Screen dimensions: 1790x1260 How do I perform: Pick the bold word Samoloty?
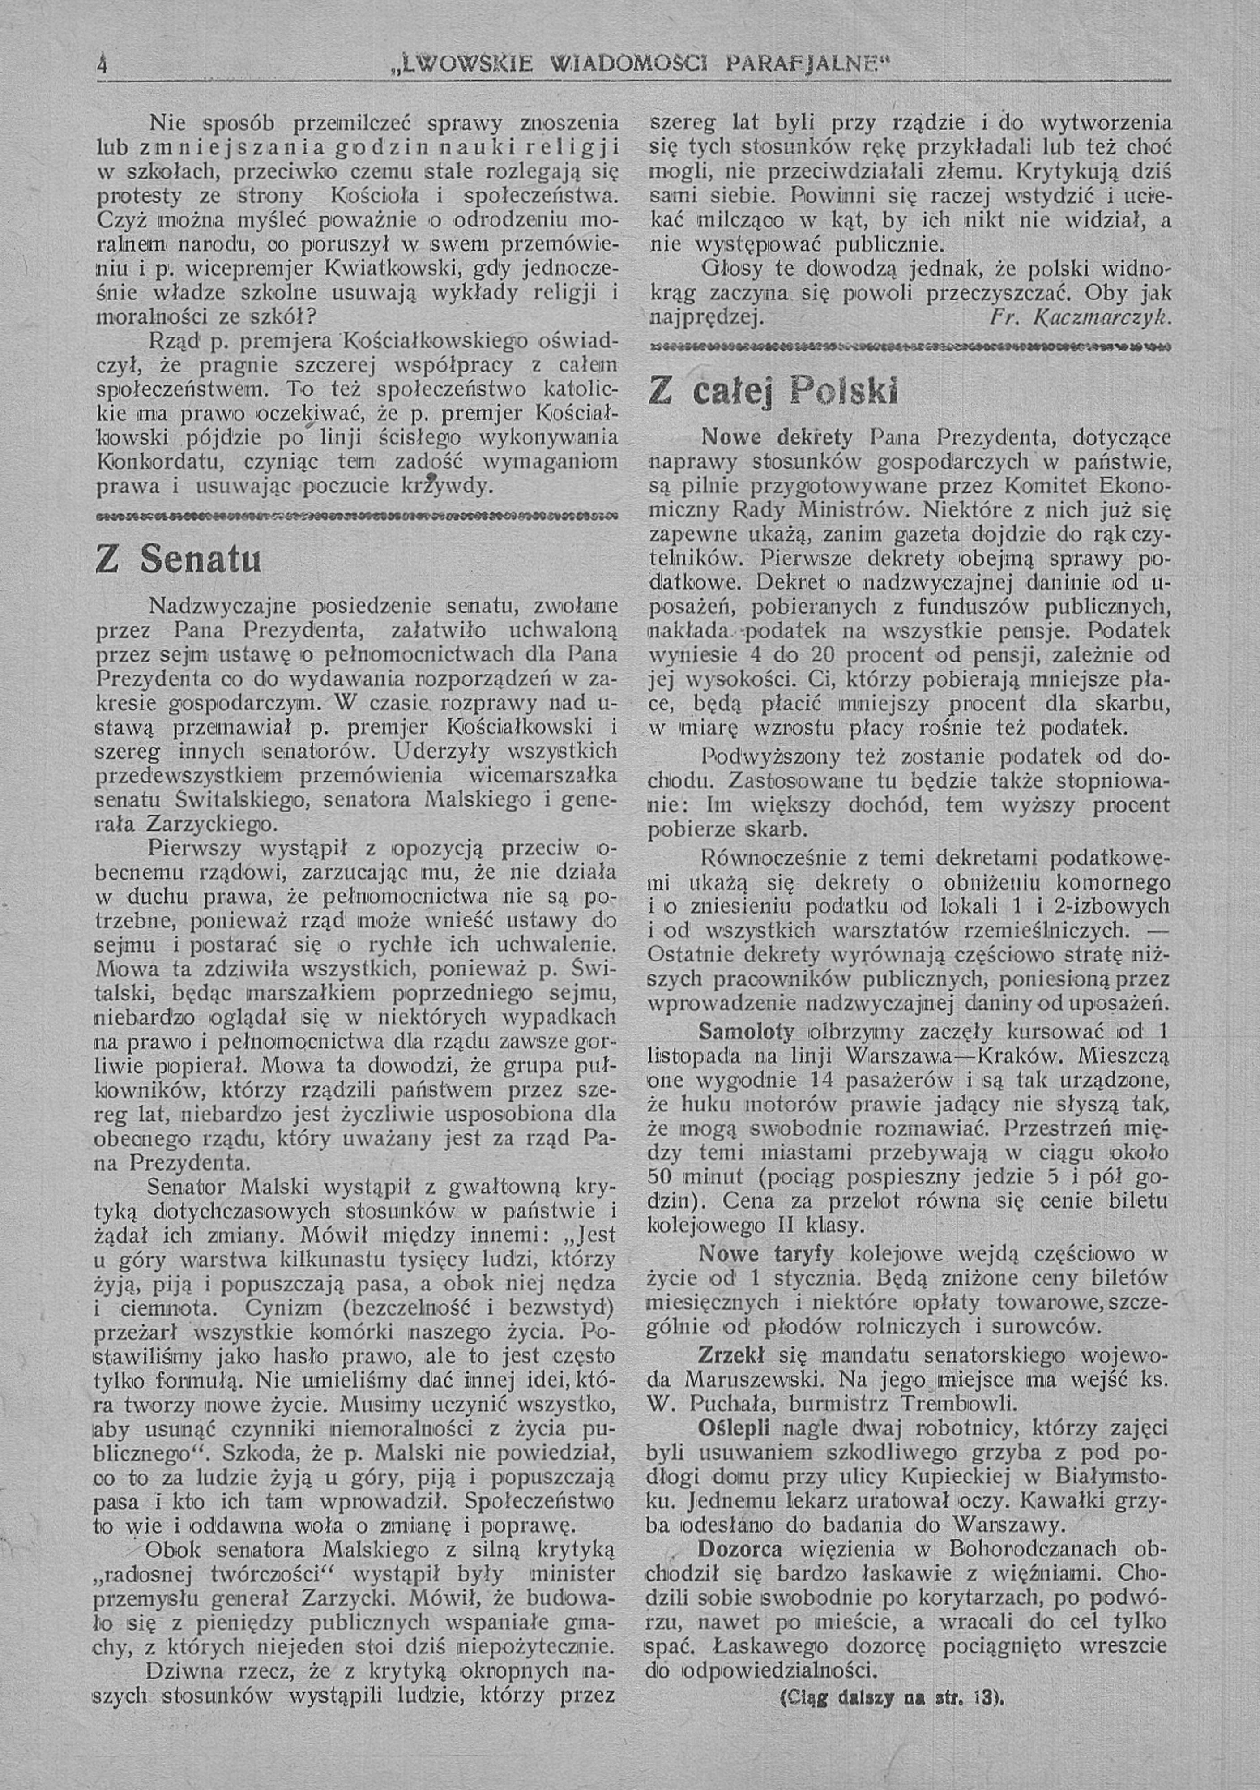click(x=746, y=1031)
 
